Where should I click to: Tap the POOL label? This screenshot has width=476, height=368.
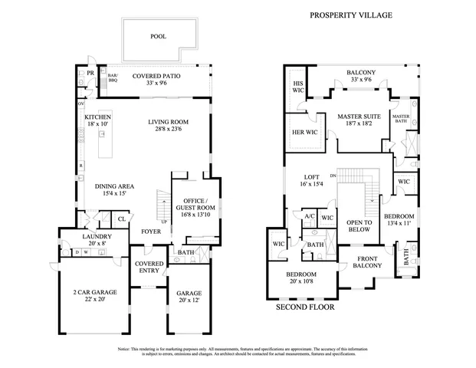(158, 36)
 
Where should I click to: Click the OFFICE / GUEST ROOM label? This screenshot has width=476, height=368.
(194, 204)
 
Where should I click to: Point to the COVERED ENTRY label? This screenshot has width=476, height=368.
(148, 268)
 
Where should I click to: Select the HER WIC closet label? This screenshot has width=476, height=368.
(300, 133)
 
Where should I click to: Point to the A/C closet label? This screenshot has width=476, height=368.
(310, 217)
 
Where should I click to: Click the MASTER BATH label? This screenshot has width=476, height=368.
(401, 119)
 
